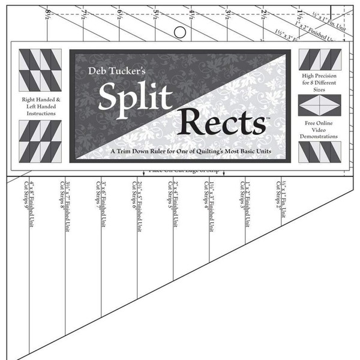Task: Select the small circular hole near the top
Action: pyautogui.click(x=178, y=31)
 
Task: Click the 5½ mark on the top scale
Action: pyautogui.click(x=156, y=10)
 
